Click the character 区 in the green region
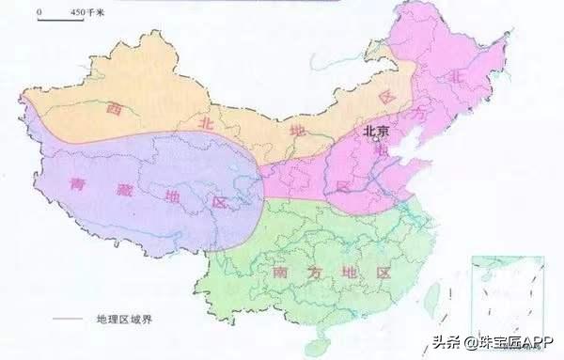coord(383,273)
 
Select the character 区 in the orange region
coord(384,96)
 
